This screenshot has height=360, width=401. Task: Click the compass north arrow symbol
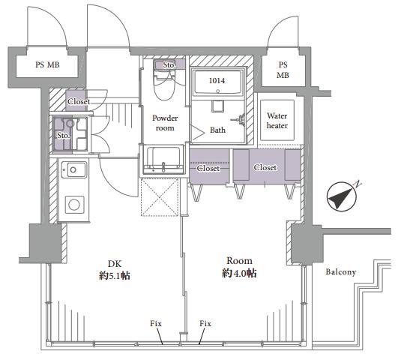click(342, 196)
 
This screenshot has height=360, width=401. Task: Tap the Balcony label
click(340, 271)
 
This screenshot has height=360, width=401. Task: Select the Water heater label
click(277, 121)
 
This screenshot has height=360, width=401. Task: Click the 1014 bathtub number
click(217, 81)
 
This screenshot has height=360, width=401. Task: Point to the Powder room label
click(165, 123)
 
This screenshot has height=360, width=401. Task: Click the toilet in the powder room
click(164, 84)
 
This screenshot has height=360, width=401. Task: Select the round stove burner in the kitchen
click(74, 205)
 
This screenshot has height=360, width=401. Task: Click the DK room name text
click(115, 264)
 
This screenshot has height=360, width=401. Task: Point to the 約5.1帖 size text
click(115, 275)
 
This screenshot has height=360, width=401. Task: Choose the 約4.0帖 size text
click(239, 273)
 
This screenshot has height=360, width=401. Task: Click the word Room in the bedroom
click(239, 261)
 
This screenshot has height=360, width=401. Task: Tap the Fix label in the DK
click(156, 324)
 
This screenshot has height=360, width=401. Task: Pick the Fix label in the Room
click(205, 324)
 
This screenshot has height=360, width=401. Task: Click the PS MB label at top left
click(47, 64)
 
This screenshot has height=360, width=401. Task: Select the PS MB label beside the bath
click(283, 70)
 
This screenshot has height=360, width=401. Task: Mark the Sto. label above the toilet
click(169, 65)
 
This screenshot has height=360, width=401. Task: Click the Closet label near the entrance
click(79, 101)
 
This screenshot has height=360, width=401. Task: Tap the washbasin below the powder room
click(163, 159)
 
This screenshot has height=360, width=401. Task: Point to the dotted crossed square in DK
click(160, 197)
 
